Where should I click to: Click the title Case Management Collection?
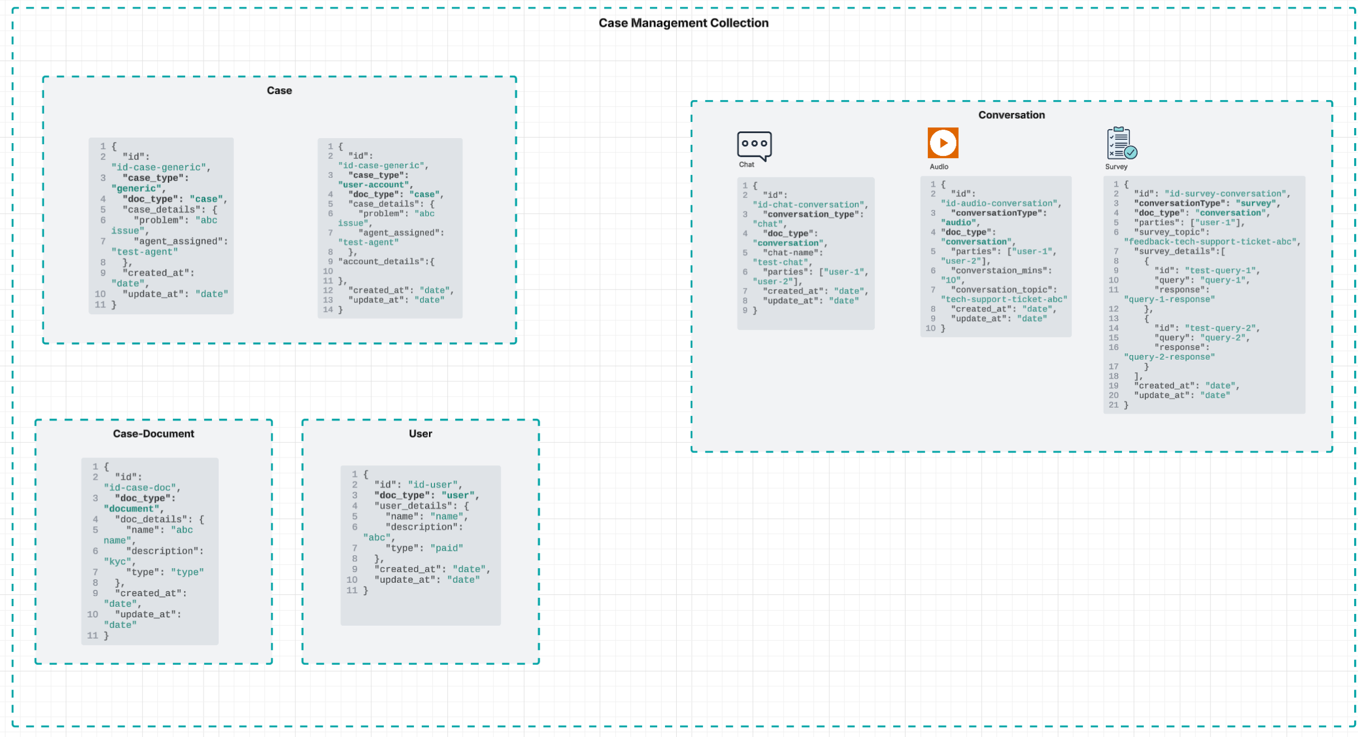[x=683, y=23]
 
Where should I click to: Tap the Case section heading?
[x=279, y=91]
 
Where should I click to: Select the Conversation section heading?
[x=1011, y=115]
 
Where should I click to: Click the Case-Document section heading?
[x=153, y=434]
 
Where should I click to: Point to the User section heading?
[x=420, y=434]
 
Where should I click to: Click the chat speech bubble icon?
[x=754, y=145]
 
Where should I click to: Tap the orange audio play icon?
[x=942, y=143]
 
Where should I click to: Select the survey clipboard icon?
[x=1121, y=143]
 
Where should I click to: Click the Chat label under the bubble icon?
[x=746, y=165]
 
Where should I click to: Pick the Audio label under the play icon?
[x=939, y=167]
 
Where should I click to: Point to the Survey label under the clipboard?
[x=1116, y=167]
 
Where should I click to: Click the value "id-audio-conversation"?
[x=999, y=204]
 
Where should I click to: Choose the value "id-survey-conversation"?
[x=1226, y=194]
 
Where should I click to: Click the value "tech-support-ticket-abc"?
[x=1003, y=300]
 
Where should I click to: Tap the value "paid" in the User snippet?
[x=446, y=549]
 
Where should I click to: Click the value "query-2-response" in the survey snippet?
[x=1169, y=357]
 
